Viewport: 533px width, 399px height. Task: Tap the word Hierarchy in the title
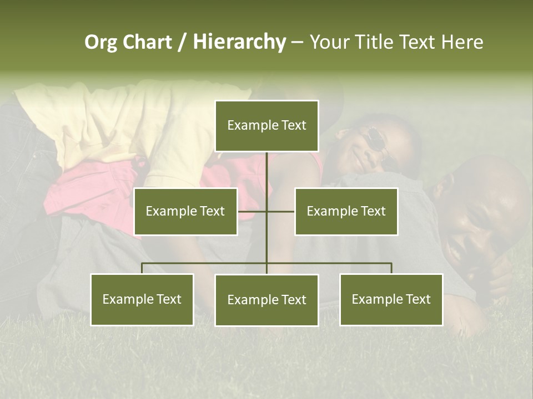pos(239,42)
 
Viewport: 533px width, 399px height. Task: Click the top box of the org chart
pos(266,126)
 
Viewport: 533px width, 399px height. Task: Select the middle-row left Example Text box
pos(185,211)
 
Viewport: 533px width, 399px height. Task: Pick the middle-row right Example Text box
pos(346,211)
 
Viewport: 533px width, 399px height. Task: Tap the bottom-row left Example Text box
pos(142,299)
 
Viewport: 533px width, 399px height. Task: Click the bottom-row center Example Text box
pos(266,300)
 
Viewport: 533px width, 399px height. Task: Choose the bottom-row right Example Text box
pos(391,299)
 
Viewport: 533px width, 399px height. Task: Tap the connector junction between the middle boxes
pos(266,211)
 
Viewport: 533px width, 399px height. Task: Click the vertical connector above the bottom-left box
pos(142,268)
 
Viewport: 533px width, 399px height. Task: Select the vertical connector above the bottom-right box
pos(391,268)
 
